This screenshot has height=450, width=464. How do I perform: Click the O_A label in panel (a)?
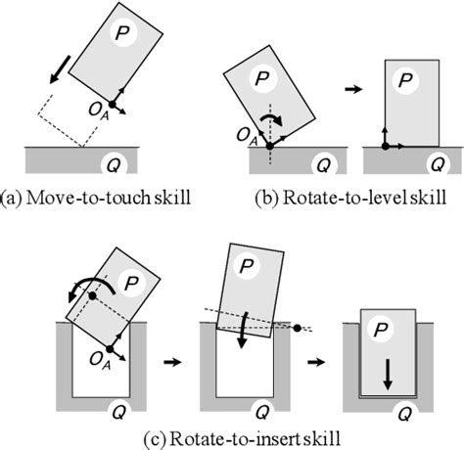86,116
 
